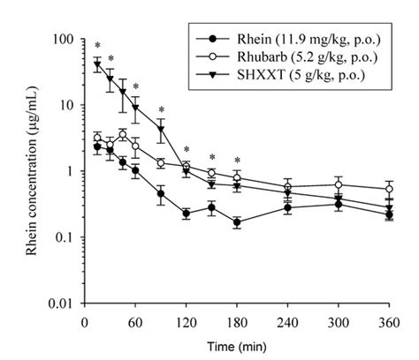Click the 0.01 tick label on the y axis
coord(62,304)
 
